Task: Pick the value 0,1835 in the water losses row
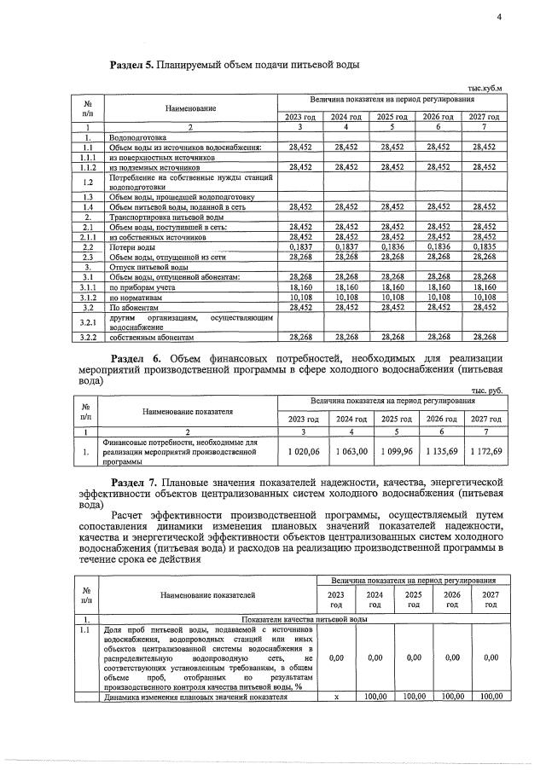484,246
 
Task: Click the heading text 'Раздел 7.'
136,483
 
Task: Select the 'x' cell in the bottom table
336,697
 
